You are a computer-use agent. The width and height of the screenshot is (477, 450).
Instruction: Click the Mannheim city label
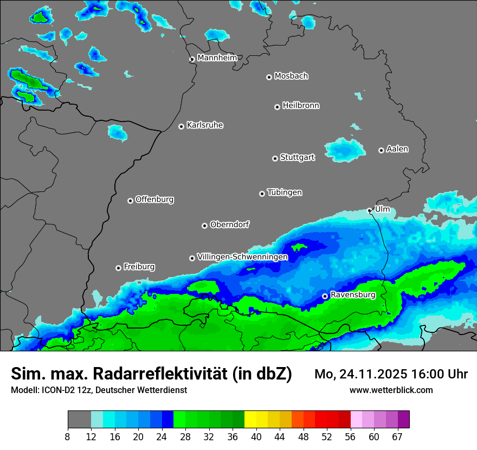click(x=217, y=58)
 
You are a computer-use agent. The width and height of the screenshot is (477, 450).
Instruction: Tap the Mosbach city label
click(x=291, y=76)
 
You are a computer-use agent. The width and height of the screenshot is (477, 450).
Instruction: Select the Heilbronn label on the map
click(x=301, y=106)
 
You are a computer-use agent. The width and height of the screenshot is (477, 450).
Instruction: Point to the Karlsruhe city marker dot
click(x=182, y=126)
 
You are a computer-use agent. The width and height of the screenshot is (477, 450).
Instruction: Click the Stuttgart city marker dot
click(x=275, y=158)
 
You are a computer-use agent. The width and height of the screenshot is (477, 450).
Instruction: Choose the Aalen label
click(x=397, y=149)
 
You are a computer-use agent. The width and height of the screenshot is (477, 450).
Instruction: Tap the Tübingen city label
click(x=285, y=193)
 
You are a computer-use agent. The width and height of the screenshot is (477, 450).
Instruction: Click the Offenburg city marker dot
click(x=130, y=201)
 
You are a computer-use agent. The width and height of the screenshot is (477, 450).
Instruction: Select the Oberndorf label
click(x=230, y=224)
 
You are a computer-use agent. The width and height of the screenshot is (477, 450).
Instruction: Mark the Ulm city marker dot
click(x=370, y=210)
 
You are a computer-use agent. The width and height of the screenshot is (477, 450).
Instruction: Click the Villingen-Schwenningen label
click(x=242, y=257)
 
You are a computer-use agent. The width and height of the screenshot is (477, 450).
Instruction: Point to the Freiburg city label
click(x=139, y=267)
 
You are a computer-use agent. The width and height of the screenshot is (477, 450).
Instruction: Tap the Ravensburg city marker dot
click(x=325, y=296)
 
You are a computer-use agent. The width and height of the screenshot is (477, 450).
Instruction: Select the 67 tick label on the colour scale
click(x=397, y=436)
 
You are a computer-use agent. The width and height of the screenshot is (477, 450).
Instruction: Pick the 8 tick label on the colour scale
click(x=68, y=436)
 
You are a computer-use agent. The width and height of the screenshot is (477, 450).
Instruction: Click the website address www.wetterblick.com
click(x=391, y=390)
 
